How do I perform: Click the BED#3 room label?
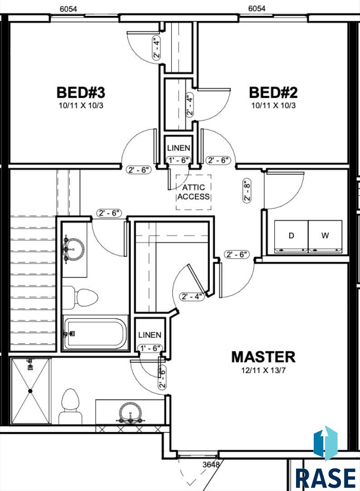pos(81,92)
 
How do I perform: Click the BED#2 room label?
pos(273,92)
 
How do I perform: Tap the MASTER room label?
pos(263,357)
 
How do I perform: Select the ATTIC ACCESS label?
pos(194,192)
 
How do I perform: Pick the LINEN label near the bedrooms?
pos(179,148)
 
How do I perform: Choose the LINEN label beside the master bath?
pos(150,335)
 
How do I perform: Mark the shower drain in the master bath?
pos(30,391)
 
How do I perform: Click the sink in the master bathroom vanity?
pos(130,413)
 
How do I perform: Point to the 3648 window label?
pos(211,464)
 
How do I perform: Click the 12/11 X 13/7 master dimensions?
pos(263,371)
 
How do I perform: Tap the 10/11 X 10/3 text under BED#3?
pos(81,106)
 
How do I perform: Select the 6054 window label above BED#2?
pos(257,9)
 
